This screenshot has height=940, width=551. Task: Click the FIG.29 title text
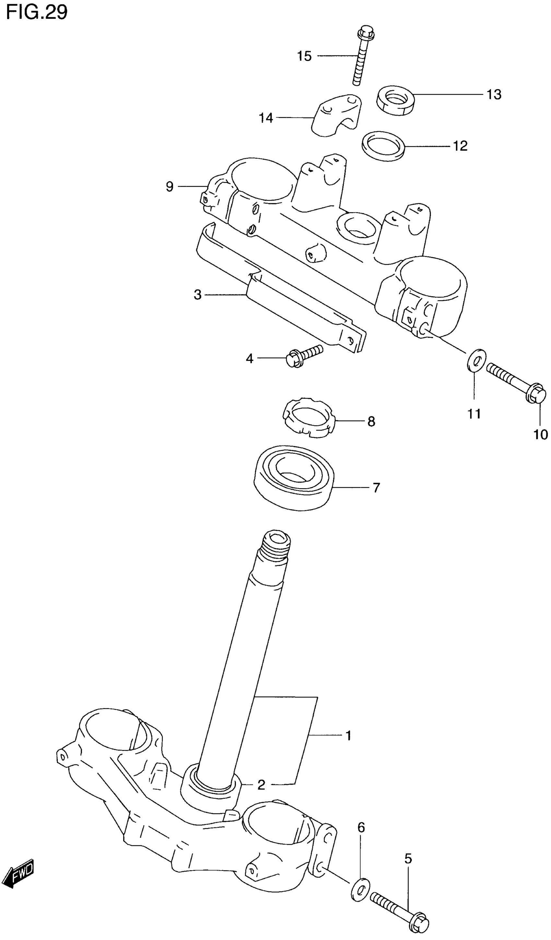pos(37,13)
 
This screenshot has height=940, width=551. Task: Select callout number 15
pos(304,56)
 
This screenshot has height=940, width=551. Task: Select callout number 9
pos(170,186)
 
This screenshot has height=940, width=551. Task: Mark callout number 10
pos(541,435)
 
